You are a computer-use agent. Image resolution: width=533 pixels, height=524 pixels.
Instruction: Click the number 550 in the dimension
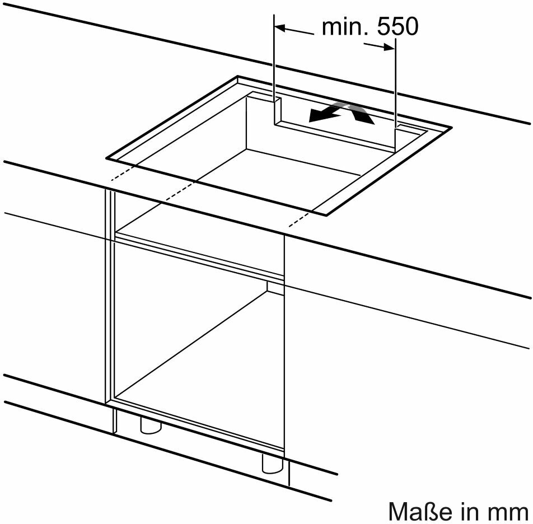pyautogui.click(x=398, y=27)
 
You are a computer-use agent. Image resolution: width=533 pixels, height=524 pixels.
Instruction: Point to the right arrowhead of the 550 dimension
pyautogui.click(x=390, y=48)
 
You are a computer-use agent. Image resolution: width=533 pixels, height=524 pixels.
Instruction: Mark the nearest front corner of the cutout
pyautogui.click(x=326, y=215)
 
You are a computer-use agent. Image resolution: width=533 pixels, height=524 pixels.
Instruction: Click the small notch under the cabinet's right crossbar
pyautogui.click(x=275, y=288)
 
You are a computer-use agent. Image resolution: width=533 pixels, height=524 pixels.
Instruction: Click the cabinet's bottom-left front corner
pyautogui.click(x=106, y=403)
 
